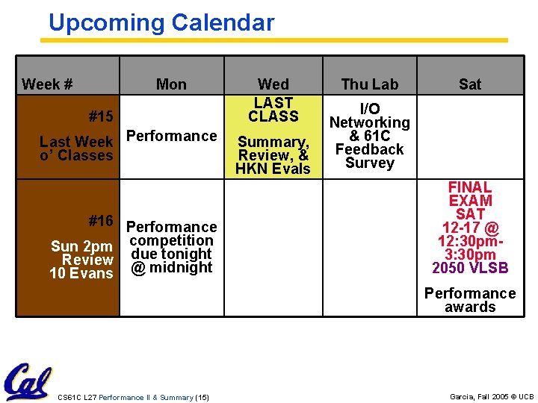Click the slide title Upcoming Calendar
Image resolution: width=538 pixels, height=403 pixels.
click(x=161, y=23)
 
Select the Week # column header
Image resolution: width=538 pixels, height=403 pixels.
click(x=47, y=84)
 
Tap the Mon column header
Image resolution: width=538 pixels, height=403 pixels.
click(x=171, y=84)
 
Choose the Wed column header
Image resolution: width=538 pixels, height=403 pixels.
click(x=273, y=84)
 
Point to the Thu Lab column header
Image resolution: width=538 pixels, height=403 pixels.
click(x=370, y=84)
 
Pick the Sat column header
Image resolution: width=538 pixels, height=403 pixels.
click(x=470, y=84)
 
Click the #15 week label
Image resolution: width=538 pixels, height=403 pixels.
click(x=101, y=116)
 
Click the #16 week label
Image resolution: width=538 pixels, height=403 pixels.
click(x=101, y=221)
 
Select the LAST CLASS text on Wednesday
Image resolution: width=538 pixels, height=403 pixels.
click(x=273, y=110)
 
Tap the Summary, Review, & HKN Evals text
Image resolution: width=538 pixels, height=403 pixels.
click(x=273, y=155)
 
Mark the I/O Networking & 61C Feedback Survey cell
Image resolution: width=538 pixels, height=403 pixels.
click(x=370, y=136)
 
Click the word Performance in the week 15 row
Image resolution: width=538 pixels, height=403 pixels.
click(x=171, y=136)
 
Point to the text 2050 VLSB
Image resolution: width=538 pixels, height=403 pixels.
click(x=470, y=268)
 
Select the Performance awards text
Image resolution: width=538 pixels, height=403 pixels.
click(x=470, y=300)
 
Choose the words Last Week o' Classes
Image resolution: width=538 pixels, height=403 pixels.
click(x=76, y=149)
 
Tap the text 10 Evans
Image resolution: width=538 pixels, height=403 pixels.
click(x=81, y=274)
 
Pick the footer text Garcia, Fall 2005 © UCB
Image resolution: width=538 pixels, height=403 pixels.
click(x=492, y=397)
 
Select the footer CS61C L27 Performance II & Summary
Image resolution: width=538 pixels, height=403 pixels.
click(x=133, y=397)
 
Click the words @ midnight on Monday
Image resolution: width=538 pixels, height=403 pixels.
click(x=171, y=267)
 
